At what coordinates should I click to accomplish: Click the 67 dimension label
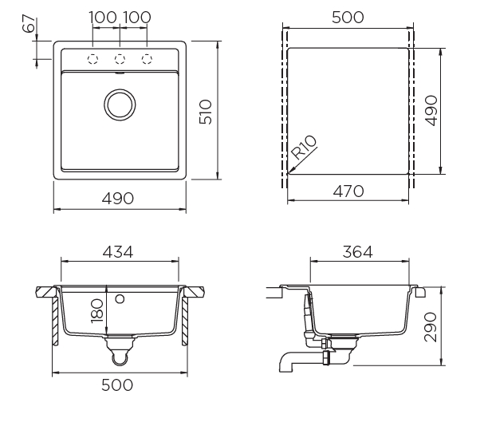(x=30, y=25)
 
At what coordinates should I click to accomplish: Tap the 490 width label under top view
(x=120, y=198)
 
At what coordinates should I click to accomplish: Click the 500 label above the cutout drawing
(x=347, y=18)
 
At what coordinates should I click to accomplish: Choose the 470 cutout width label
(x=348, y=191)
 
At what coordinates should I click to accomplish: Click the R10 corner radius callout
(x=305, y=149)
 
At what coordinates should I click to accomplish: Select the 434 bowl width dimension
(x=120, y=251)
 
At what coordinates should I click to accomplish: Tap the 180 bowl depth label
(x=96, y=310)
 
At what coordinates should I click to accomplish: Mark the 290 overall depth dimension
(x=431, y=327)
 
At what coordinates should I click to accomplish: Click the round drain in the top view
(x=120, y=104)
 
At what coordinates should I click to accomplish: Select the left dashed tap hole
(x=92, y=59)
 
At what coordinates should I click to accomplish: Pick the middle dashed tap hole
(x=120, y=59)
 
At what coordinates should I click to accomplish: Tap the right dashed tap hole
(x=147, y=59)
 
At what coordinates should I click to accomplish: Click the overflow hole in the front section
(x=120, y=299)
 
